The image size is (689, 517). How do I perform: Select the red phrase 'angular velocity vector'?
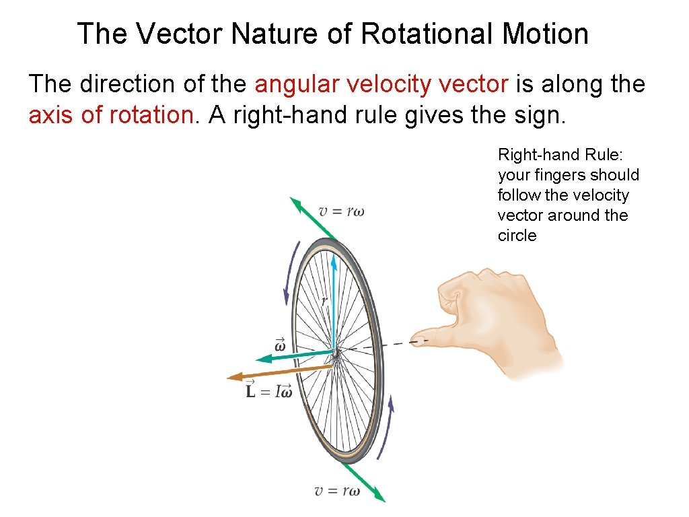click(x=382, y=85)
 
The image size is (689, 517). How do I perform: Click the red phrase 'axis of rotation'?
click(x=110, y=115)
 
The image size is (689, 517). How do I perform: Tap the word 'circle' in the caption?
click(x=517, y=236)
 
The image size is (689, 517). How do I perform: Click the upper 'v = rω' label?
click(x=341, y=211)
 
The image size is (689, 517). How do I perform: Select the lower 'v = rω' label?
click(x=337, y=490)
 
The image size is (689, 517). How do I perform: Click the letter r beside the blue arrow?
click(x=324, y=300)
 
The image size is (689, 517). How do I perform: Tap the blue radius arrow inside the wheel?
click(x=334, y=296)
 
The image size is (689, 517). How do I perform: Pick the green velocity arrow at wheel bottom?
click(x=367, y=483)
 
